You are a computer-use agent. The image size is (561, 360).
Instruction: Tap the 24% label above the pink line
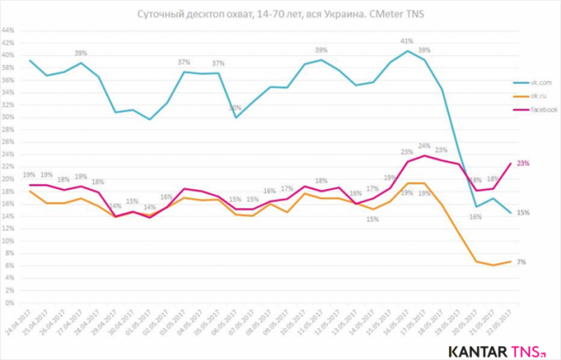click(x=425, y=146)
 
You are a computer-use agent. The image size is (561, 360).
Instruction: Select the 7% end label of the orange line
click(x=521, y=262)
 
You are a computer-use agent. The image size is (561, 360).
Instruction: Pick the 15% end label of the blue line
click(x=523, y=212)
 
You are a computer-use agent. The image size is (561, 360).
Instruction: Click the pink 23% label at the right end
click(x=523, y=163)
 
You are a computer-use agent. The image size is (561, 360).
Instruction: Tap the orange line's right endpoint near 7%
click(x=508, y=261)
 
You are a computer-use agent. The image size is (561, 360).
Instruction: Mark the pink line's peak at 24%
click(x=425, y=155)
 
